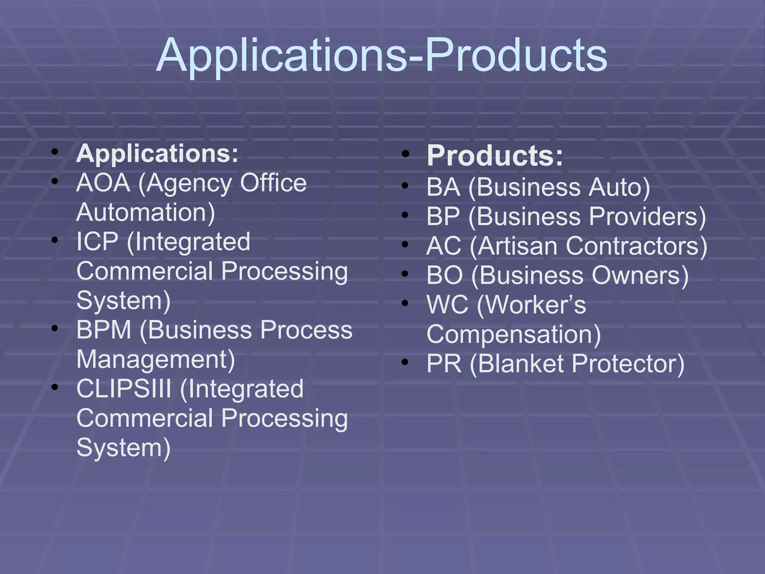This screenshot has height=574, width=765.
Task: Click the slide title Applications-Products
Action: [x=382, y=55]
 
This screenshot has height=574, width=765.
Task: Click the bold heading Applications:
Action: [x=157, y=154]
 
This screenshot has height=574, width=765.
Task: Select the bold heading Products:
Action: [x=495, y=155]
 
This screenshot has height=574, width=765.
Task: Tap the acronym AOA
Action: [x=103, y=183]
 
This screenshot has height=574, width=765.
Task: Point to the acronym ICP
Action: [x=97, y=242]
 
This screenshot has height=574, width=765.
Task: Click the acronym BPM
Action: [x=104, y=330]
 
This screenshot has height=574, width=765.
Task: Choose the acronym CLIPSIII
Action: [x=124, y=389]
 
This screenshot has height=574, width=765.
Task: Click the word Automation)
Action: [x=146, y=213]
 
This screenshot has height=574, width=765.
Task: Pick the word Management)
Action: [x=156, y=359]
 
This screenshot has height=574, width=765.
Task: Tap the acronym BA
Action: [x=443, y=187]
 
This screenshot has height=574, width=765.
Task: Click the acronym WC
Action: [x=447, y=305]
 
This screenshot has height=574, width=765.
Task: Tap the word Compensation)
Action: [x=514, y=334]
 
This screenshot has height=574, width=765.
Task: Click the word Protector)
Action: [x=628, y=364]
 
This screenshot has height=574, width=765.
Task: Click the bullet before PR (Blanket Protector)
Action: [x=405, y=362]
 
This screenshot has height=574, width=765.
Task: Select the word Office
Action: [x=273, y=183]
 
